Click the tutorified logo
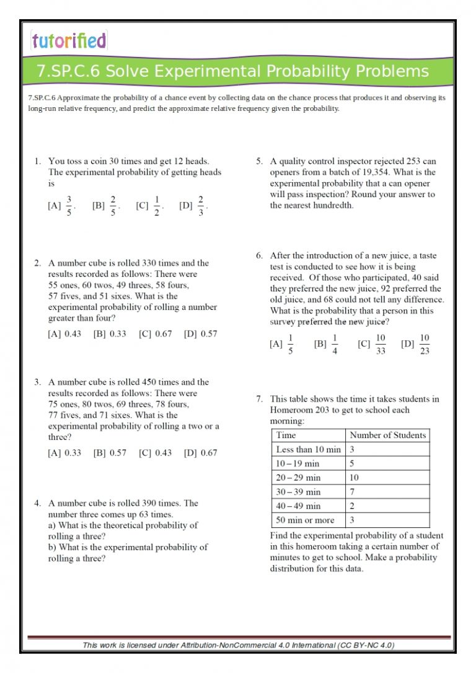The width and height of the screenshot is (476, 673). (x=69, y=41)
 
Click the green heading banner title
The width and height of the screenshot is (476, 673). (x=232, y=71)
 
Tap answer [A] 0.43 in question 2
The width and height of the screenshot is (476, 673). (x=64, y=334)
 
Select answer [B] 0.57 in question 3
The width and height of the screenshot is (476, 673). (x=110, y=453)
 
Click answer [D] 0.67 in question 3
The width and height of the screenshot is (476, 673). (x=200, y=453)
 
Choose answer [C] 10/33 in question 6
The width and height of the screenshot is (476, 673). (x=372, y=344)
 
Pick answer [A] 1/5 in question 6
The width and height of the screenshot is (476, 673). (x=283, y=344)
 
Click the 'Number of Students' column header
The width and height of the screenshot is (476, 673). (x=387, y=435)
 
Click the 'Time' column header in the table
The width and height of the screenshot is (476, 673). (x=286, y=435)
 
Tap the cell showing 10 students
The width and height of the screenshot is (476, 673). (x=354, y=478)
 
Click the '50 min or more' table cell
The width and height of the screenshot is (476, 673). (x=305, y=521)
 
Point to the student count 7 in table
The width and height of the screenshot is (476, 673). (x=352, y=492)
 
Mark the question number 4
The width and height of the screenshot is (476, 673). (x=37, y=503)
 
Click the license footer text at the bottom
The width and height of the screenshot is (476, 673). (x=239, y=645)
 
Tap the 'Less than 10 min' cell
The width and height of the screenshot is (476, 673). (x=308, y=449)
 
